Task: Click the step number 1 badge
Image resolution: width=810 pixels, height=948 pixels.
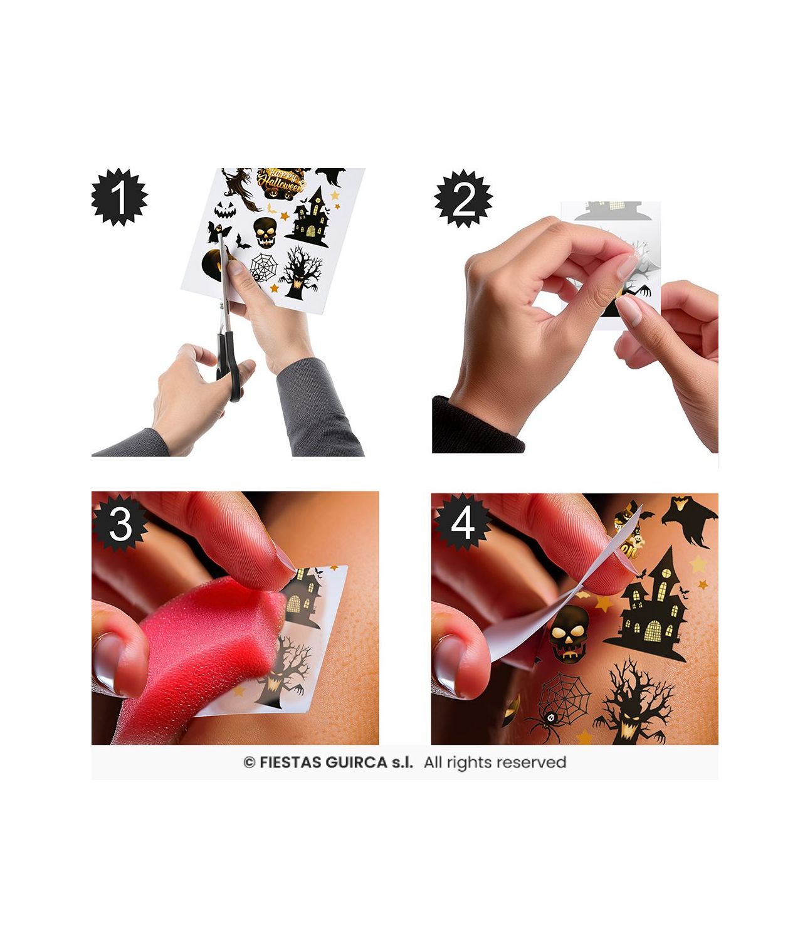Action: (119, 197)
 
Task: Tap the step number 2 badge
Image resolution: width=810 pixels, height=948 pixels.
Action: (463, 199)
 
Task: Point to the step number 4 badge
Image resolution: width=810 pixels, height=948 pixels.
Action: (462, 522)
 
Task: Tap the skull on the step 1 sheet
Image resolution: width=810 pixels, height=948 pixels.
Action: (265, 232)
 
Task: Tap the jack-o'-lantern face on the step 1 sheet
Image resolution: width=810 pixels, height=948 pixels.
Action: (225, 210)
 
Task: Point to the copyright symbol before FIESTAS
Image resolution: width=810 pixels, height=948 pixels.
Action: (249, 762)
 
